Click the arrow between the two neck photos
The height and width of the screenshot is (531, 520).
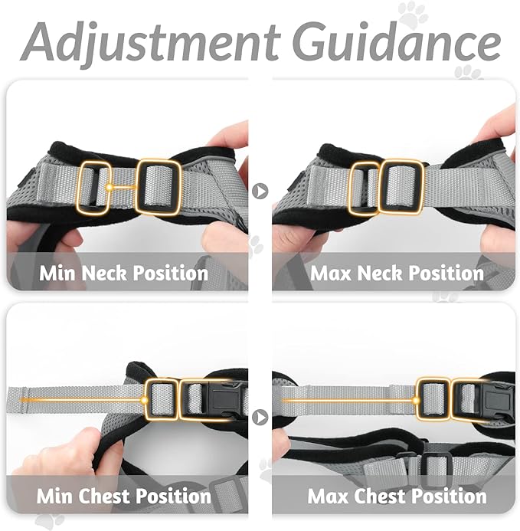coord(260,190)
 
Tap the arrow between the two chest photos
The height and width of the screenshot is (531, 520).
coord(260,418)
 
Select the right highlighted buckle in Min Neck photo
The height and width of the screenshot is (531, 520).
coord(158,186)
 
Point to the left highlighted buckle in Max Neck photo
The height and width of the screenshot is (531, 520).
coord(363,187)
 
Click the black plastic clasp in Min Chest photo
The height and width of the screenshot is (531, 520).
coord(227,398)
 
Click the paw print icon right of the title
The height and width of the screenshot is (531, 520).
coord(412,14)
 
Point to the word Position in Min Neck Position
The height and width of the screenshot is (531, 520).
coord(172,273)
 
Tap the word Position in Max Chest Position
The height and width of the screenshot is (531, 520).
coord(450,496)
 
